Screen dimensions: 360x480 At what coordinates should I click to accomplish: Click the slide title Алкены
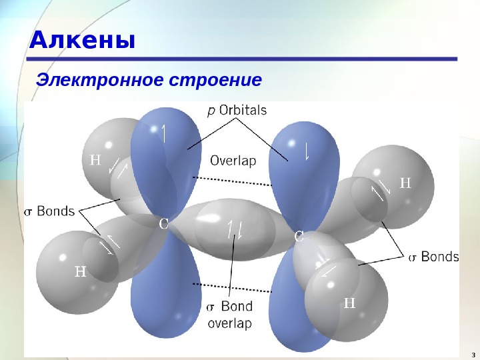click(x=83, y=41)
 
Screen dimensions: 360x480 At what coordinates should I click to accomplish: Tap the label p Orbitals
click(x=237, y=111)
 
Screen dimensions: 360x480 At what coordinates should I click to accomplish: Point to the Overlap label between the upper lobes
click(x=233, y=161)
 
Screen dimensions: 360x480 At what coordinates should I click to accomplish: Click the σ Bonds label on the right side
click(x=433, y=257)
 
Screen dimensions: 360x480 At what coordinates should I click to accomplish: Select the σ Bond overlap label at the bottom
click(x=229, y=315)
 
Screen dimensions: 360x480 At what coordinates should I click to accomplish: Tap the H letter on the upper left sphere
click(x=95, y=159)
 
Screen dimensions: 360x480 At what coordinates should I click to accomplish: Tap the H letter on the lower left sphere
click(x=80, y=271)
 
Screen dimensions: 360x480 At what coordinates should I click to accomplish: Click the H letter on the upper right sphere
click(x=405, y=183)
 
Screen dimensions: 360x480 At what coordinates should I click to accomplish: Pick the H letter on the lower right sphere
click(x=349, y=304)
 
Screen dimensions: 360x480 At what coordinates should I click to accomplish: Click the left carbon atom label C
click(x=163, y=224)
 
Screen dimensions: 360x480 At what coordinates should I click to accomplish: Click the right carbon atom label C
click(x=299, y=236)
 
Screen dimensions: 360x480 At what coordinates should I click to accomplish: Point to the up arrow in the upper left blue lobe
click(x=164, y=133)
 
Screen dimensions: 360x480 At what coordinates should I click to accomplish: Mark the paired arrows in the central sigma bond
click(x=235, y=229)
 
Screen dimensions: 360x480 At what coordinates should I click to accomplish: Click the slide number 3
click(x=472, y=353)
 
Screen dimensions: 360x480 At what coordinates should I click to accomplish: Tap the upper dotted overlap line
click(x=231, y=181)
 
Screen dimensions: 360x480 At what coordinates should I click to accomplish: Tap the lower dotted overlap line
click(x=231, y=287)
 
